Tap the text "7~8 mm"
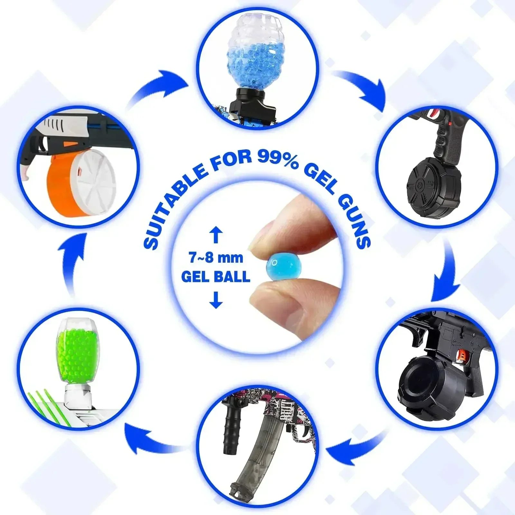(216, 257)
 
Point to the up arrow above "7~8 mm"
(216, 235)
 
